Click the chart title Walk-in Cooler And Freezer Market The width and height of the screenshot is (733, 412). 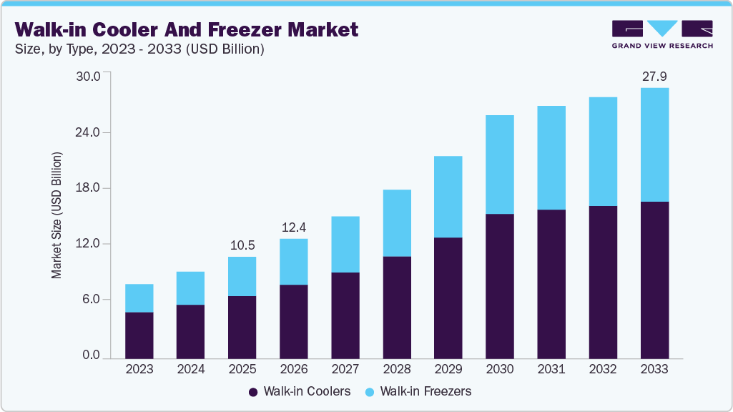pyautogui.click(x=187, y=30)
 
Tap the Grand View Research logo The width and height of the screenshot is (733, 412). pyautogui.click(x=661, y=34)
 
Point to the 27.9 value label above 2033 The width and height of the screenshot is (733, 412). pyautogui.click(x=654, y=77)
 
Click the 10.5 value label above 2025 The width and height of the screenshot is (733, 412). pyautogui.click(x=242, y=245)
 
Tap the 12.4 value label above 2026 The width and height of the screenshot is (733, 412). pyautogui.click(x=294, y=227)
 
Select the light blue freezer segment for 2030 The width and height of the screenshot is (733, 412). pyautogui.click(x=500, y=165)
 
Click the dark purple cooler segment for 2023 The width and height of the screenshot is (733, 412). pyautogui.click(x=139, y=335)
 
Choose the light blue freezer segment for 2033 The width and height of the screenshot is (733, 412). pyautogui.click(x=654, y=144)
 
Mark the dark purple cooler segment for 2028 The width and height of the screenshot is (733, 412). pyautogui.click(x=397, y=307)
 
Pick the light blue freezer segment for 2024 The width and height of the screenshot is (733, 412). pyautogui.click(x=191, y=288)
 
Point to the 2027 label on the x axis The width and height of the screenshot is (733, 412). pyautogui.click(x=345, y=369)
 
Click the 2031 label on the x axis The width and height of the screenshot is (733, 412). pyautogui.click(x=551, y=369)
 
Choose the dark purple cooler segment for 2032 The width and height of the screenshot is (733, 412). pyautogui.click(x=603, y=282)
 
